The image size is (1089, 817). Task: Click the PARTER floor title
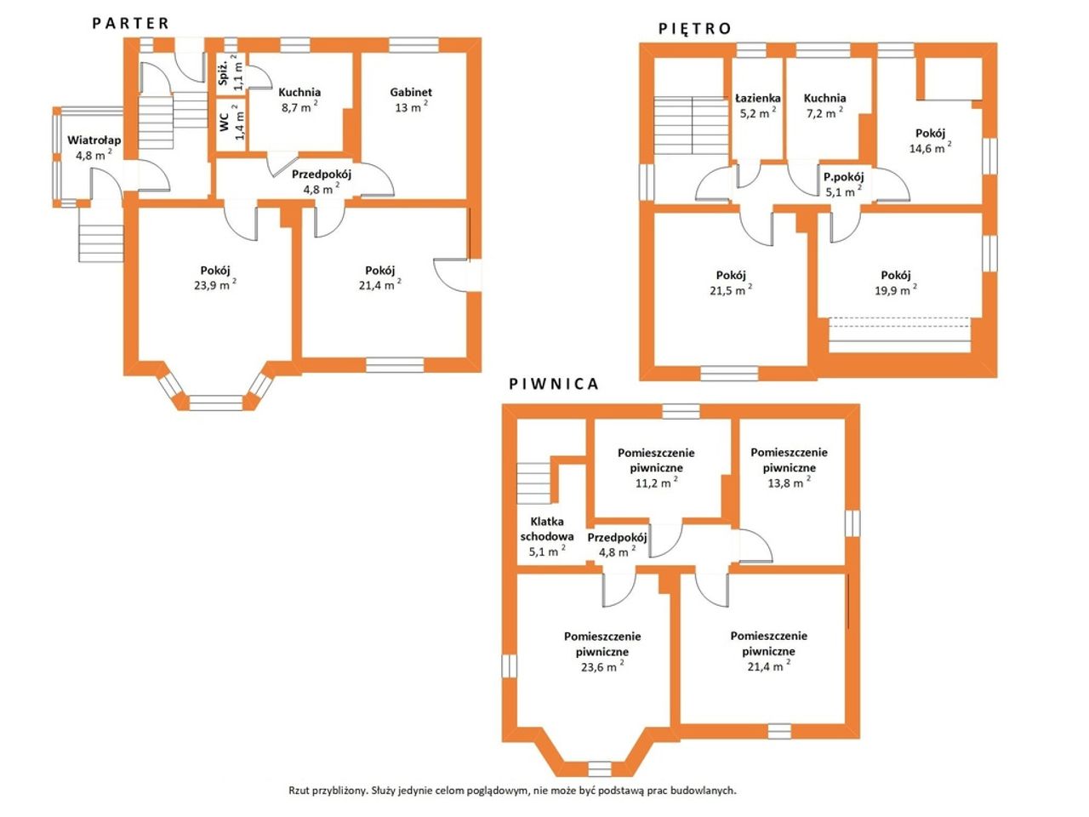click(130, 23)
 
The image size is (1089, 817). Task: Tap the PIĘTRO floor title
click(694, 28)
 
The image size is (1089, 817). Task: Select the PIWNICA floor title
click(554, 384)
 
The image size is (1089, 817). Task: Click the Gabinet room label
click(411, 92)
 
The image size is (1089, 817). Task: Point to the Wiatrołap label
click(94, 140)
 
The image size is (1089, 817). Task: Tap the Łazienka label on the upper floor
click(757, 98)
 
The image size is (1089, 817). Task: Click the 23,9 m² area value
click(215, 285)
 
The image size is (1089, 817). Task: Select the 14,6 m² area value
click(930, 147)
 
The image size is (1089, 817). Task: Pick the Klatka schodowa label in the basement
click(547, 528)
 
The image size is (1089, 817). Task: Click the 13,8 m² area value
click(790, 483)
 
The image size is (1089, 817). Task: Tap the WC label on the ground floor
click(225, 123)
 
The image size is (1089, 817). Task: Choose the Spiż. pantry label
click(224, 72)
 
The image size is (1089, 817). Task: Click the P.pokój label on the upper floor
click(844, 177)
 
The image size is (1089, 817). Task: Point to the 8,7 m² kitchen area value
click(299, 106)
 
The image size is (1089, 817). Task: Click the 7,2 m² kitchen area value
click(825, 113)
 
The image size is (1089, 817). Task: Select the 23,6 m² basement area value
click(602, 666)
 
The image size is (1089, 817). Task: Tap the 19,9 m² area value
click(896, 289)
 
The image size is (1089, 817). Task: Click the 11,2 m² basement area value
click(657, 483)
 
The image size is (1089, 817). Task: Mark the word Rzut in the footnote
click(299, 791)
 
